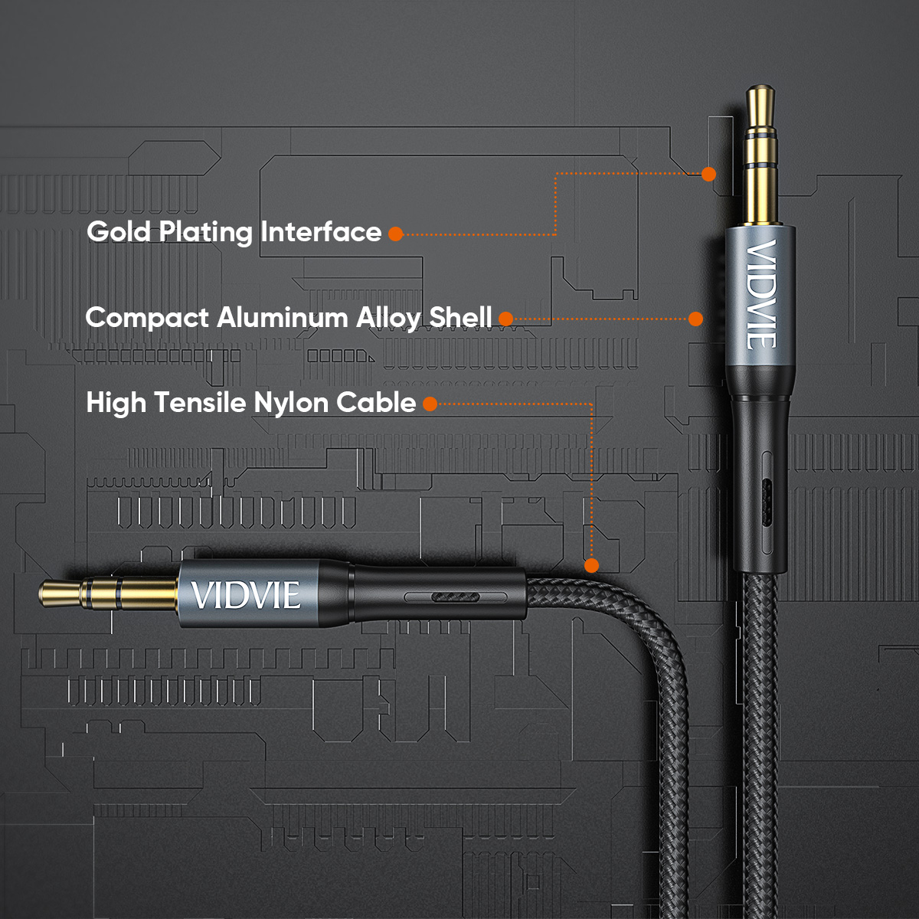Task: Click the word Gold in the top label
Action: pyautogui.click(x=119, y=232)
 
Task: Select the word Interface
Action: pyautogui.click(x=321, y=232)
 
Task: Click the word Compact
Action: pyautogui.click(x=147, y=318)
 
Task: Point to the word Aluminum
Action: pyautogui.click(x=283, y=317)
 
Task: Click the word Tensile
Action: pyautogui.click(x=200, y=402)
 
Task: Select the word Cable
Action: pyautogui.click(x=376, y=402)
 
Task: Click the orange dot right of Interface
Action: pyautogui.click(x=396, y=234)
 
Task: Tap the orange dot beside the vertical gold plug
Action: pyautogui.click(x=708, y=174)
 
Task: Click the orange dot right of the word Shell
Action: pyautogui.click(x=506, y=319)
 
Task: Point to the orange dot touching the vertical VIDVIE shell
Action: pyautogui.click(x=696, y=319)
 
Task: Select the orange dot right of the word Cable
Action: pyautogui.click(x=430, y=404)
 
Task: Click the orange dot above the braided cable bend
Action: pyautogui.click(x=591, y=565)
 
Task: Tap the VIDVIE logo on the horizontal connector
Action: pyautogui.click(x=246, y=595)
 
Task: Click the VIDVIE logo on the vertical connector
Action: pyautogui.click(x=761, y=295)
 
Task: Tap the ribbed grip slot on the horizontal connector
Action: pyautogui.click(x=455, y=597)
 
